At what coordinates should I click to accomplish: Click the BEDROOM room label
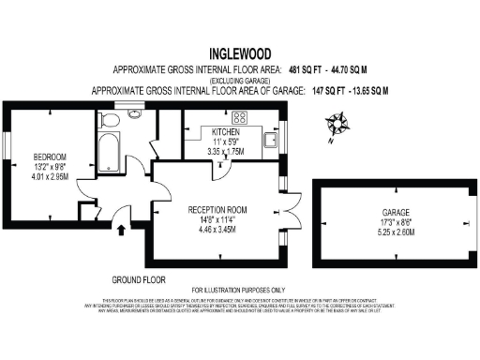point(49,156)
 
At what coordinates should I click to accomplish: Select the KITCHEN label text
point(226,131)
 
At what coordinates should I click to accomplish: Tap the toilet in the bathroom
point(109,120)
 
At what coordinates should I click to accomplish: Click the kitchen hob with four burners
point(238,118)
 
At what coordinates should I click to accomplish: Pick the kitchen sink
point(270,141)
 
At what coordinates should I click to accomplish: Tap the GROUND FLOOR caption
point(138,280)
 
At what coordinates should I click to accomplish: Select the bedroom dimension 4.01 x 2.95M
point(49,175)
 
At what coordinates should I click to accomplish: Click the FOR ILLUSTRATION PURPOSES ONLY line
point(240,290)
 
